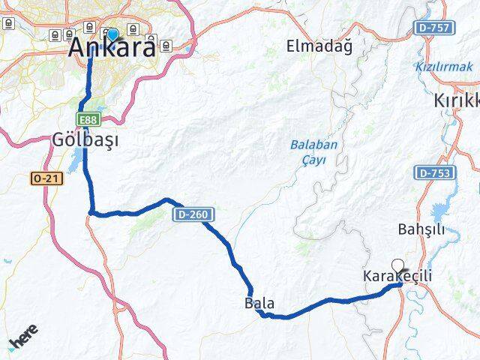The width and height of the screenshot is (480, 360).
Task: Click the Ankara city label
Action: (112, 49)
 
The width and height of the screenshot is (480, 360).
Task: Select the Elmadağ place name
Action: (319, 46)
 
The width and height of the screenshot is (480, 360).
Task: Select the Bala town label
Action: (259, 304)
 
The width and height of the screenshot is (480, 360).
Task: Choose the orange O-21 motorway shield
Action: (44, 178)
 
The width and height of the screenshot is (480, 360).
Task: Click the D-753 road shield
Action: (432, 172)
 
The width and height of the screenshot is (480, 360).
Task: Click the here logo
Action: (24, 340)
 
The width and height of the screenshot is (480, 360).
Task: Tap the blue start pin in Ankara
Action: (113, 34)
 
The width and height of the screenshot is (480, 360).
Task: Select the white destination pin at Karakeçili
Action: (397, 265)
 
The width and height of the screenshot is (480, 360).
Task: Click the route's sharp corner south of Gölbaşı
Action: (91, 212)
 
